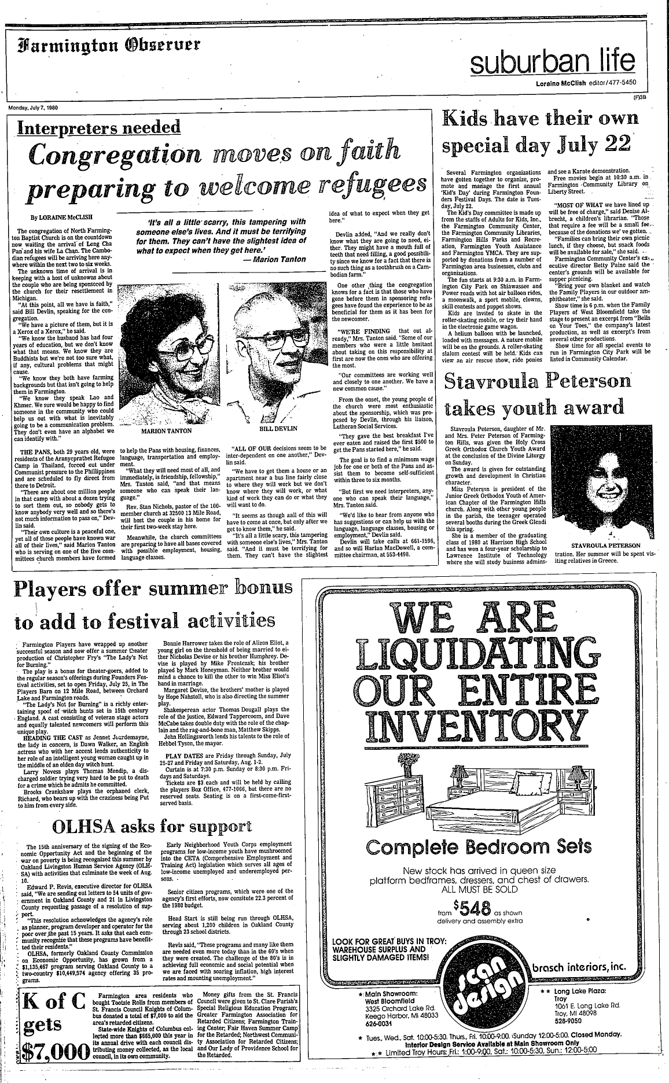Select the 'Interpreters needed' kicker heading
[99, 127]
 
